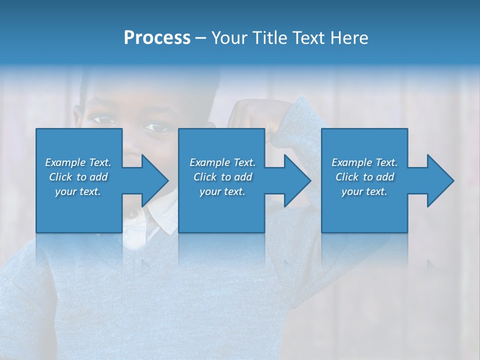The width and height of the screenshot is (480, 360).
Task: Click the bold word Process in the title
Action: [x=157, y=38]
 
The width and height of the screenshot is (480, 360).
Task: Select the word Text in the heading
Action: [x=307, y=38]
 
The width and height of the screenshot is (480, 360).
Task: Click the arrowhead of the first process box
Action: [x=153, y=180]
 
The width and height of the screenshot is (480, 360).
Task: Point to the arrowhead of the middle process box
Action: [x=295, y=180]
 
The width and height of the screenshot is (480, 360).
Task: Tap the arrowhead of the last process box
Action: [x=438, y=180]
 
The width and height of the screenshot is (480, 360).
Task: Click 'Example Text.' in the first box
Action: [x=78, y=162]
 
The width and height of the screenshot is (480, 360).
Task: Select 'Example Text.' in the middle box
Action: [x=222, y=162]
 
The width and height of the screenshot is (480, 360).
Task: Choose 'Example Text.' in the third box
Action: [x=364, y=162]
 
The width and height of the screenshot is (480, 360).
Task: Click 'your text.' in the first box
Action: [x=78, y=191]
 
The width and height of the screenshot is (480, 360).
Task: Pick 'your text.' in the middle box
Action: [x=222, y=191]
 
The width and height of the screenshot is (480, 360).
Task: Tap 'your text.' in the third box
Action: [x=364, y=191]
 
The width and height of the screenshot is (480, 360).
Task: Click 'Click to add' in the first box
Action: [x=78, y=177]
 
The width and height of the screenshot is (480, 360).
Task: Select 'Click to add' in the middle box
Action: [x=222, y=177]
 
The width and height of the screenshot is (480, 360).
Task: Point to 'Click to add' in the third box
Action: [x=364, y=177]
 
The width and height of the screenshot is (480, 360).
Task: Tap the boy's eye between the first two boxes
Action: [x=157, y=127]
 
